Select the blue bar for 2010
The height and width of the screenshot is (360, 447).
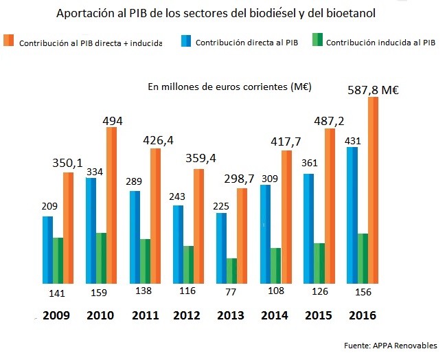tap(91, 230)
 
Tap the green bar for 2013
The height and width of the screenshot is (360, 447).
tap(231, 271)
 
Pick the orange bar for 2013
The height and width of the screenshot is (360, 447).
tap(242, 236)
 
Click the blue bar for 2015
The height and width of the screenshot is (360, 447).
tap(309, 229)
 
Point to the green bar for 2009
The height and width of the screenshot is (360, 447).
tap(58, 260)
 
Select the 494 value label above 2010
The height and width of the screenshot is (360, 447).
tap(112, 121)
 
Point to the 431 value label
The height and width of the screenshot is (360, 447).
tap(352, 140)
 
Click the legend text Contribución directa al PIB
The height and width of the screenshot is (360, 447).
tap(247, 43)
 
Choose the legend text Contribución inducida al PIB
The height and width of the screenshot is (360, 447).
tap(381, 43)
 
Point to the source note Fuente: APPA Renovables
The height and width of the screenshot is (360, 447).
tap(391, 345)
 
